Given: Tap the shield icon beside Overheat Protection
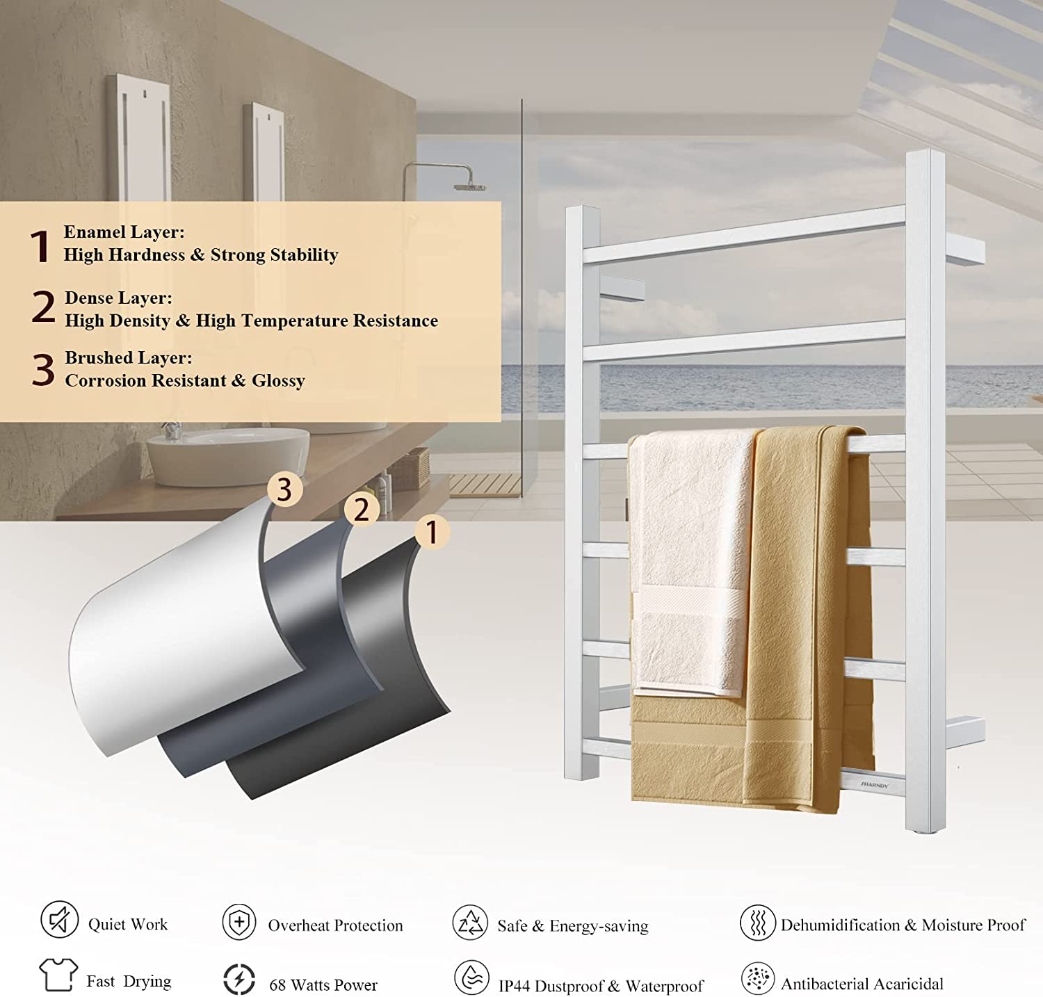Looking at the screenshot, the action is (x=239, y=923).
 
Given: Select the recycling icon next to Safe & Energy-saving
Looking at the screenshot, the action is (x=470, y=923).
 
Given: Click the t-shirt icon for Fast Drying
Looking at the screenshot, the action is (x=58, y=975).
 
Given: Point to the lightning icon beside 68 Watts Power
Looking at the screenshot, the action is (x=239, y=979).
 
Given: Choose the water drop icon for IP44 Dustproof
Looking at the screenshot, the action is (x=472, y=978).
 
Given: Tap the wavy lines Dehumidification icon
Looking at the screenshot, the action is (x=758, y=923).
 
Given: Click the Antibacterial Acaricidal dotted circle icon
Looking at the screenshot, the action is (x=758, y=979).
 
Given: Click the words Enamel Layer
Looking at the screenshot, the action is (x=124, y=232).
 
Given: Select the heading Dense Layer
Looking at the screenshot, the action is (x=118, y=298).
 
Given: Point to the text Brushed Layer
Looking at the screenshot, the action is (x=129, y=357).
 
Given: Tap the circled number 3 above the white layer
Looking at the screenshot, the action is (x=284, y=489).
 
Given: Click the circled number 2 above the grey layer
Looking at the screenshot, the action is (x=362, y=510).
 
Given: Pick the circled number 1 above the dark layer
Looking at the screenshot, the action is (x=432, y=532).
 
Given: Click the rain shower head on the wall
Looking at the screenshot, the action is (x=470, y=186).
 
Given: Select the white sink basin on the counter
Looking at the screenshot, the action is (x=227, y=455).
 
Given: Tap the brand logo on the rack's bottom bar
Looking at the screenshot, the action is (x=875, y=785).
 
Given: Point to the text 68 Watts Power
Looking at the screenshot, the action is (x=323, y=984).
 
